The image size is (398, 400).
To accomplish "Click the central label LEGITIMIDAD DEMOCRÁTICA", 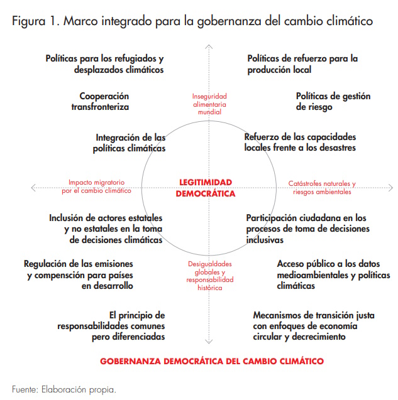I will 206,188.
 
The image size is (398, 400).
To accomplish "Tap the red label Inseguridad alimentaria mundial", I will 209,104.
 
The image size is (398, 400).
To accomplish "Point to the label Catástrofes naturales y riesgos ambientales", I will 321,188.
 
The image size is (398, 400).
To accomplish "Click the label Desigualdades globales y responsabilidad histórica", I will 209,276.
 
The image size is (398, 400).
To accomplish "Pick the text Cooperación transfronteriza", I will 104,101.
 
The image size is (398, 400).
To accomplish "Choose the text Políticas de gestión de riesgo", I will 333,101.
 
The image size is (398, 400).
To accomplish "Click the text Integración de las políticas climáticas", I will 130,143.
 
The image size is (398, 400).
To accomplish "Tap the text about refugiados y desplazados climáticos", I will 104,64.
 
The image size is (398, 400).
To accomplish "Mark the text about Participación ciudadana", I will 306,229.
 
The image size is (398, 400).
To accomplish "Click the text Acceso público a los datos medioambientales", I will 333,275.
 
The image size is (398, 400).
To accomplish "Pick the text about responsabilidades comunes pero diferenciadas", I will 111,325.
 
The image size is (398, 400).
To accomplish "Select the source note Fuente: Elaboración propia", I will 64,388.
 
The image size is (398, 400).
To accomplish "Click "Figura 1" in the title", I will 35,21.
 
